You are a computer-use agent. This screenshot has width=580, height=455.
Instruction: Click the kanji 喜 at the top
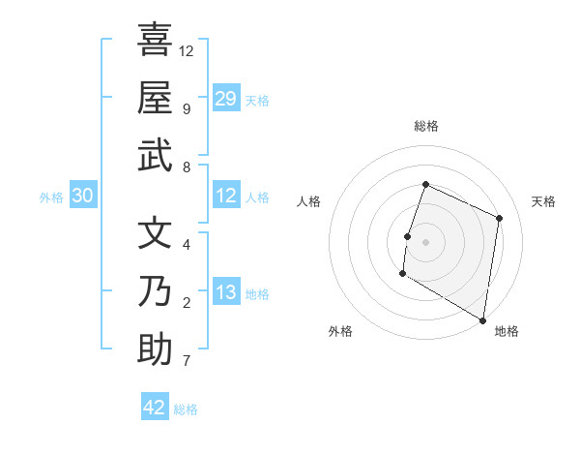[x=155, y=40]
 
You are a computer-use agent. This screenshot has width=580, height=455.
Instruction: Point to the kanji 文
[x=155, y=232]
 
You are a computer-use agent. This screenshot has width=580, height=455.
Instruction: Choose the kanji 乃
[x=155, y=290]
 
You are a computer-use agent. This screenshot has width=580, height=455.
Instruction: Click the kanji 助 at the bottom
[x=155, y=349]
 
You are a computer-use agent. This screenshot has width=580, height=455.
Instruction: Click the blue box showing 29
[x=226, y=98]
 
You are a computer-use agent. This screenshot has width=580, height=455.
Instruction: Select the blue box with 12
[x=226, y=197]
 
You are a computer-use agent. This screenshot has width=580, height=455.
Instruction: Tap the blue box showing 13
[x=226, y=292]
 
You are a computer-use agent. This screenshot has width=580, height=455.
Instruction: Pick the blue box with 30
[x=82, y=197]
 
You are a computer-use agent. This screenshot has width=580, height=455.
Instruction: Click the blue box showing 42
[x=155, y=408]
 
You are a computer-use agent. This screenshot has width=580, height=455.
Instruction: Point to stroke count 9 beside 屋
[x=186, y=108]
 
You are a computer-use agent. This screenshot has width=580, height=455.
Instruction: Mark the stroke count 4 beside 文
[x=186, y=244]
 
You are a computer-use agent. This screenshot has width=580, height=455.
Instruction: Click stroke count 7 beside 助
[x=186, y=361]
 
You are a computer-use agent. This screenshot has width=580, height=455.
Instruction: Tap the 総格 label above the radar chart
[x=426, y=126]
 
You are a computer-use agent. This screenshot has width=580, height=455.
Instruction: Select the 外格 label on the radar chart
[x=340, y=331]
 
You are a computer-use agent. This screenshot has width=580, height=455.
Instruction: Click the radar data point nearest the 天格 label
[x=500, y=218]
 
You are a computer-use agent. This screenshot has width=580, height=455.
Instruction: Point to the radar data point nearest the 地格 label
[x=482, y=319]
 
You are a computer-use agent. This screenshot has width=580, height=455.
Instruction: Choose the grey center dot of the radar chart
[x=426, y=241]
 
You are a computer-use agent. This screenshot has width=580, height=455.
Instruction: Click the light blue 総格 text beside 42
[x=186, y=409]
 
